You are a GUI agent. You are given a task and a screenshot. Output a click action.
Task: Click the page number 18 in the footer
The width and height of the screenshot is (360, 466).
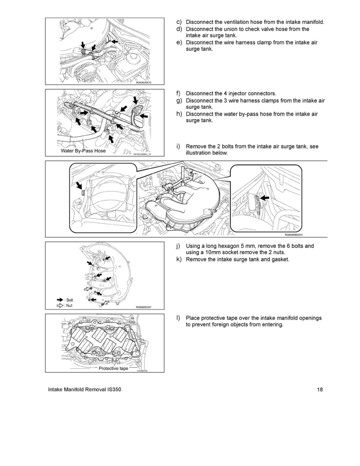pos(320,390)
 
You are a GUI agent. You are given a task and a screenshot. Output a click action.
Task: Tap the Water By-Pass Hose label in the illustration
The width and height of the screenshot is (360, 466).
pos(83,151)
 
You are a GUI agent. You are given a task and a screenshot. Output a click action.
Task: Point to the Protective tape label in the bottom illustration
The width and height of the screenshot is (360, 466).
pos(113,368)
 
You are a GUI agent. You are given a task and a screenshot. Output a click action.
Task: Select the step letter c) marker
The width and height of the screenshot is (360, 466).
pos(178,22)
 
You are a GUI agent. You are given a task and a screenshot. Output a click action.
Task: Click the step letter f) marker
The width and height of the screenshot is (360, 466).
pos(178,93)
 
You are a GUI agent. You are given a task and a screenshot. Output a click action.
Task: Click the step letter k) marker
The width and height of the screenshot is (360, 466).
pos(178,260)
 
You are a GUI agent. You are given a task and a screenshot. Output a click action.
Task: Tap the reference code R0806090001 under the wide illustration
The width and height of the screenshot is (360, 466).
pos(293,235)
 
